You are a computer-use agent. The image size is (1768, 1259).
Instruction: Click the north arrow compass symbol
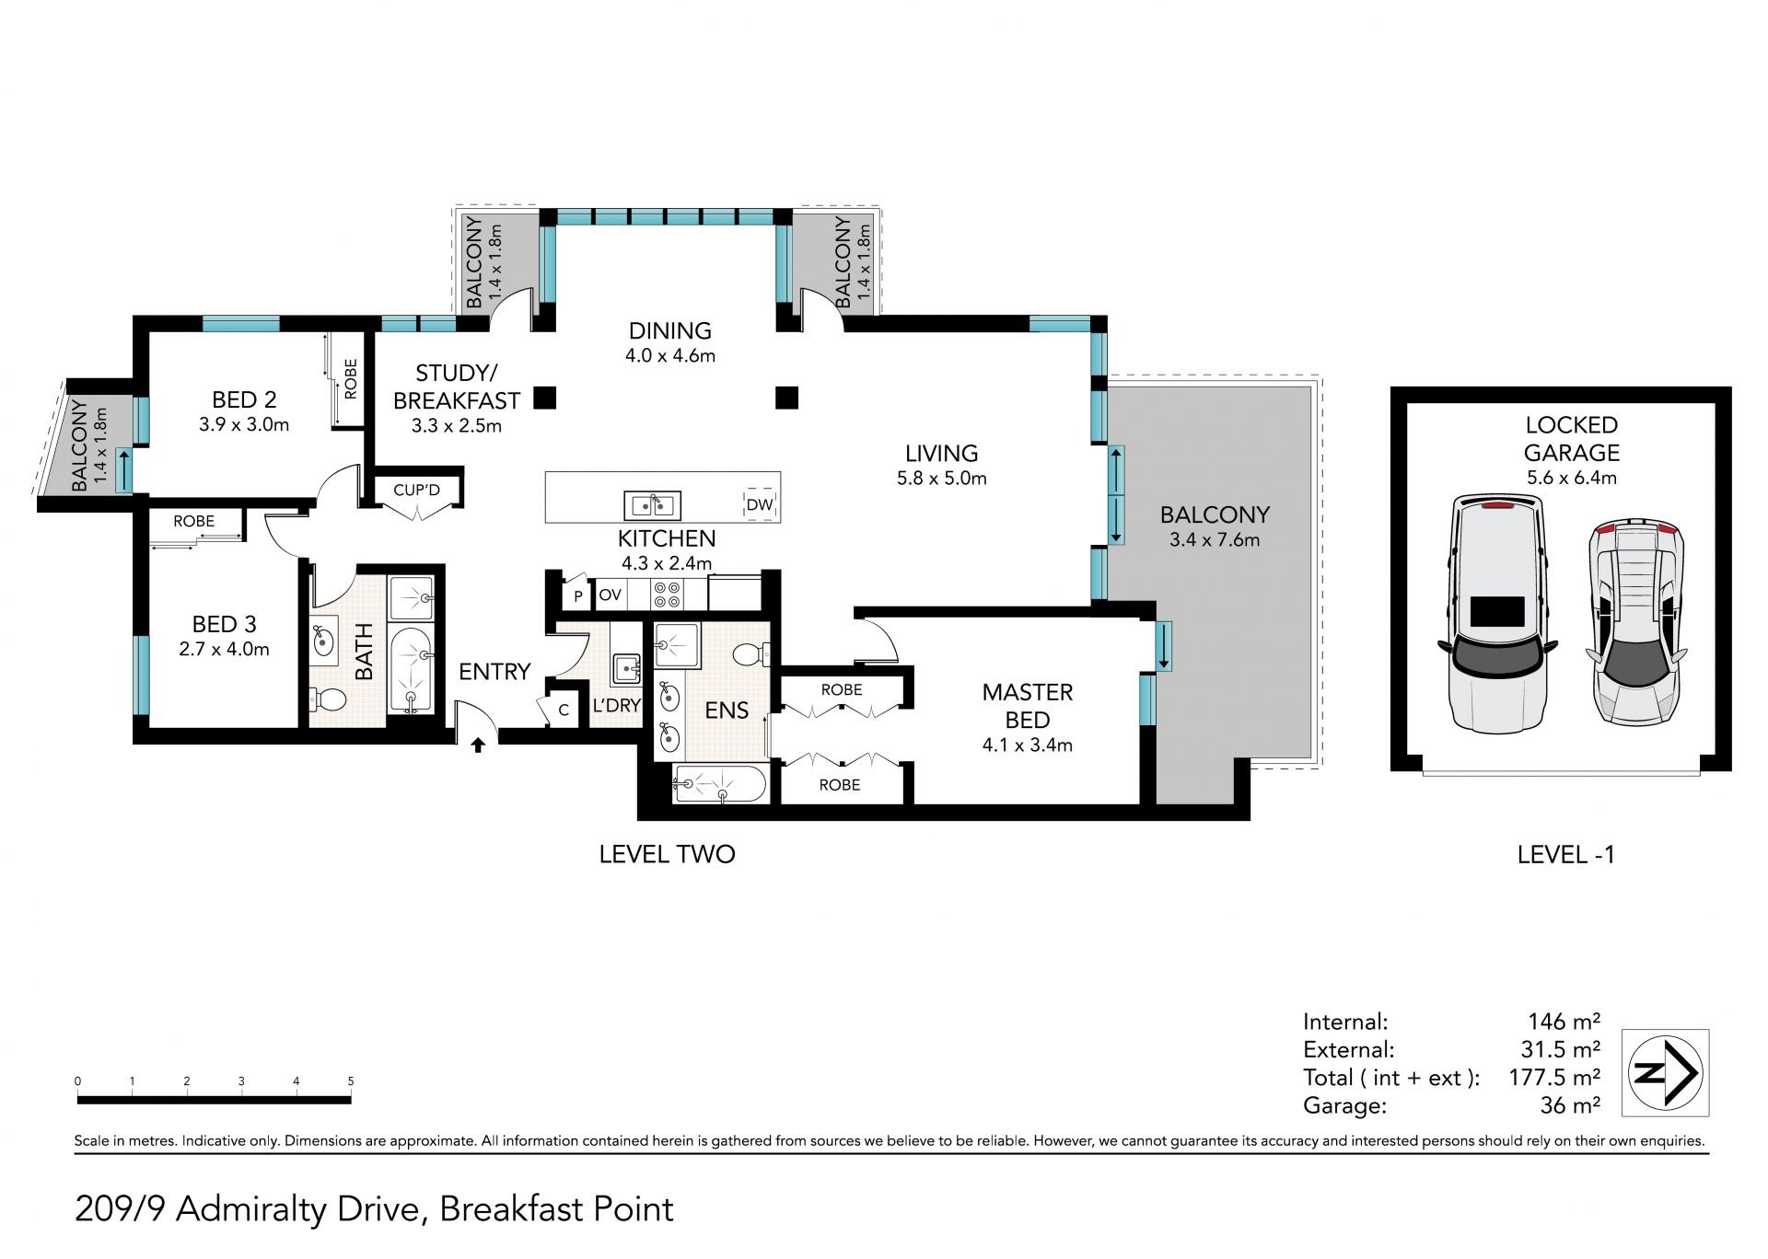tap(1666, 1073)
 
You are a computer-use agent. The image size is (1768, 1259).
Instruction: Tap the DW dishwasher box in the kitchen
tap(760, 504)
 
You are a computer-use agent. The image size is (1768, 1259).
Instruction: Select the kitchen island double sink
tap(653, 505)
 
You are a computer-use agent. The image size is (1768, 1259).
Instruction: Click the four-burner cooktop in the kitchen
tap(667, 595)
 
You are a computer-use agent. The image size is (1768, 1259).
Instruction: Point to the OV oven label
tap(611, 595)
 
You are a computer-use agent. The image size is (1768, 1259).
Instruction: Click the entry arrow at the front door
tap(478, 745)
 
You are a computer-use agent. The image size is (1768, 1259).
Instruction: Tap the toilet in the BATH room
tap(327, 699)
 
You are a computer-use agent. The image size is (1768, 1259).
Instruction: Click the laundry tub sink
tap(626, 668)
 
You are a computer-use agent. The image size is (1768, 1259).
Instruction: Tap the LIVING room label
tap(941, 453)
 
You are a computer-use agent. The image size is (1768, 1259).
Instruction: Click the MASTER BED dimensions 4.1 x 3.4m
tap(1028, 745)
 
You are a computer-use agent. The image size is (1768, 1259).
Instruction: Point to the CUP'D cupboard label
tap(416, 491)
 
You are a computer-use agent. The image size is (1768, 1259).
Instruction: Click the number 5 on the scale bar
tap(351, 1081)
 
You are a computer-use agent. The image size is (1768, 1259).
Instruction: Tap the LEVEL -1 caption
tap(1566, 855)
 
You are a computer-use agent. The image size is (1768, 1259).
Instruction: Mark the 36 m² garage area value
tap(1570, 1104)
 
